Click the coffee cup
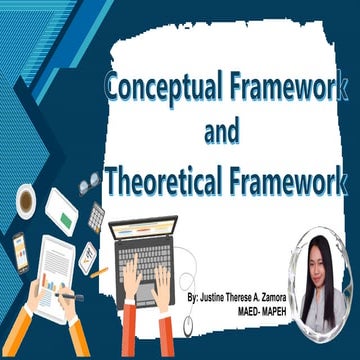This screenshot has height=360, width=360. tap(26, 200)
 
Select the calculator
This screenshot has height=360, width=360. tap(97, 216)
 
